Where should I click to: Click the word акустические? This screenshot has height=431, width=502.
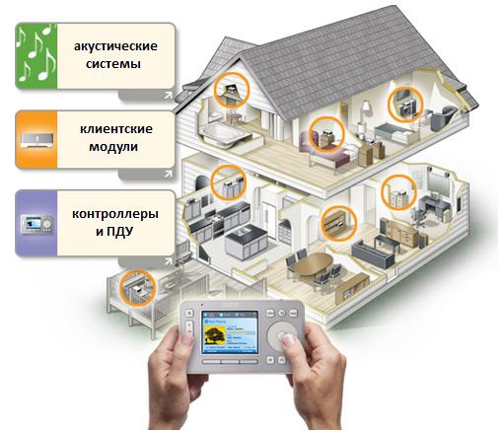[x=115, y=46]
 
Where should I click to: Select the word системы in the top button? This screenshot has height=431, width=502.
[x=113, y=63]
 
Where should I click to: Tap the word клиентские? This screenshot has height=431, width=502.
[x=116, y=128]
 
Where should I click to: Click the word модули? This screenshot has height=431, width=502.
[x=113, y=147]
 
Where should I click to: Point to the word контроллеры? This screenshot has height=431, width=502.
[x=115, y=214]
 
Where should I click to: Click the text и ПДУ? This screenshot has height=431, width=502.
[x=114, y=232]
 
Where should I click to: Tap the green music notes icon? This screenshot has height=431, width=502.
[x=36, y=55]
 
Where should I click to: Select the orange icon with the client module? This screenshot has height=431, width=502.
[x=36, y=139]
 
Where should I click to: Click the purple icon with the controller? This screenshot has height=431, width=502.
[x=36, y=223]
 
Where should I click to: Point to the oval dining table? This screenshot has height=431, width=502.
[x=313, y=263]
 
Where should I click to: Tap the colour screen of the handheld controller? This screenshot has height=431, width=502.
[x=230, y=331]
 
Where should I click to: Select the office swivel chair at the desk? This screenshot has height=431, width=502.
[x=417, y=218]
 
